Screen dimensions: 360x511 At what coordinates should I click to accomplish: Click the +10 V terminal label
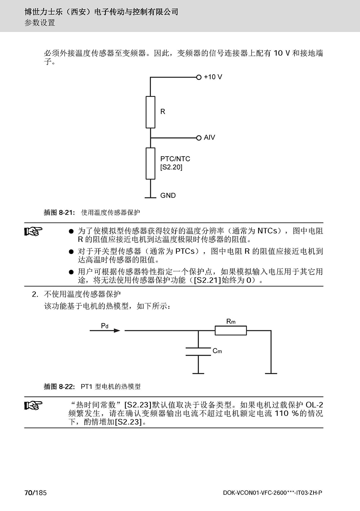pyautogui.click(x=213, y=77)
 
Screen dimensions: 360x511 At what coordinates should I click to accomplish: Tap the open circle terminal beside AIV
pyautogui.click(x=199, y=138)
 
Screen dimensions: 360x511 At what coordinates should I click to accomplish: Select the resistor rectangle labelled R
pyautogui.click(x=150, y=112)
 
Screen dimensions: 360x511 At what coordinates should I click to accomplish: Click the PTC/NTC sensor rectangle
pyautogui.click(x=150, y=163)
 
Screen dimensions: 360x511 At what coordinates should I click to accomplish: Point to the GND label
pyautogui.click(x=168, y=196)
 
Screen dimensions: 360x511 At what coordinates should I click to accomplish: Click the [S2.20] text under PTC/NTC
pyautogui.click(x=171, y=167)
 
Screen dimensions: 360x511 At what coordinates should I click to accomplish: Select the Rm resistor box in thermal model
pyautogui.click(x=231, y=331)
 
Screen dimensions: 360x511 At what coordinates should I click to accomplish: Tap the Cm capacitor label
pyautogui.click(x=217, y=351)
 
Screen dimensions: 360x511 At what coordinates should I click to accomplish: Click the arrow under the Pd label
pyautogui.click(x=105, y=331)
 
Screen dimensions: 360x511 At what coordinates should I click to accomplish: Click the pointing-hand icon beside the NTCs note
pyautogui.click(x=33, y=231)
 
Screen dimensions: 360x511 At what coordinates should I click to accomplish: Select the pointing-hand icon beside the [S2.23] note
pyautogui.click(x=33, y=405)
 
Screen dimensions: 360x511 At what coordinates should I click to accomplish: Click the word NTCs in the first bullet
pyautogui.click(x=267, y=231)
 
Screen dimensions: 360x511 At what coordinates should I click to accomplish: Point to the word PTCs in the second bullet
pyautogui.click(x=185, y=251)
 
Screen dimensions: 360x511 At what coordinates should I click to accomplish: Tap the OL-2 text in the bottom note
pyautogui.click(x=314, y=405)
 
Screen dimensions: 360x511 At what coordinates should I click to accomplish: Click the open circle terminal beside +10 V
pyautogui.click(x=199, y=77)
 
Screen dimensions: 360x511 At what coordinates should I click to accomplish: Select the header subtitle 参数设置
pyautogui.click(x=40, y=23)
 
